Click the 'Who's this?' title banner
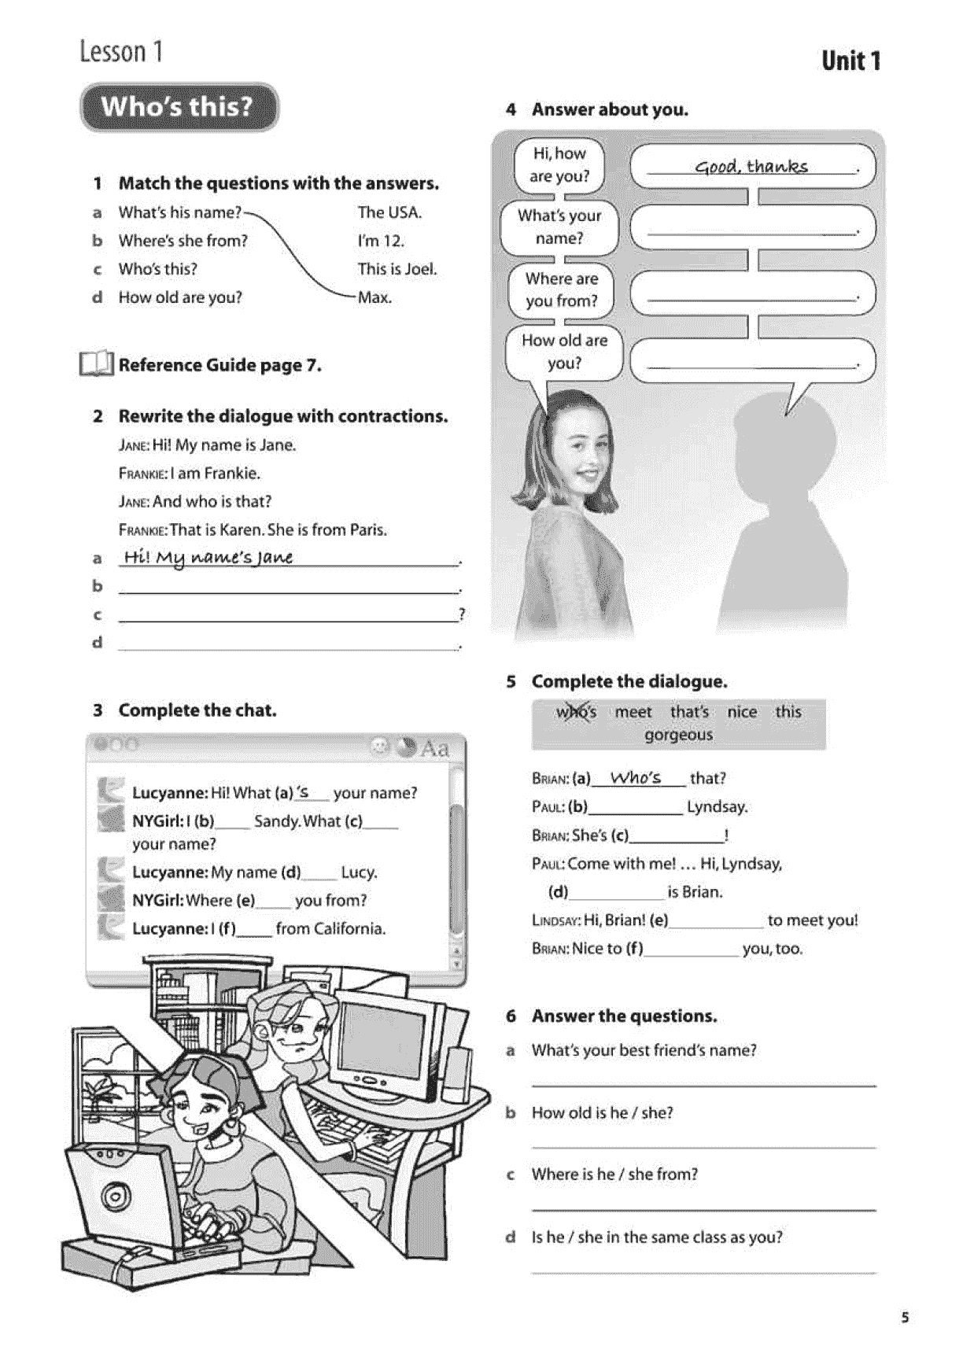[x=179, y=107]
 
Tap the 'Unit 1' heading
[x=850, y=61]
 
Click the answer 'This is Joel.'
[x=397, y=269]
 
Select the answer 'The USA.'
[x=389, y=212]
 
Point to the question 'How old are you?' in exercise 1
[x=180, y=297]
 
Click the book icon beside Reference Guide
[x=96, y=364]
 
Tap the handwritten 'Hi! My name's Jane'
[x=208, y=557]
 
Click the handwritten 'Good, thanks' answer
[x=751, y=166]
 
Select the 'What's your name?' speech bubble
[x=559, y=227]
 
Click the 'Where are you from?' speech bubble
[x=561, y=289]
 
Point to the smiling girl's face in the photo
[x=584, y=446]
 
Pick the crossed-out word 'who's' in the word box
[x=576, y=712]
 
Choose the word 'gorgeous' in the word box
[x=678, y=735]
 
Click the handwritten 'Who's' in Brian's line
[x=636, y=777]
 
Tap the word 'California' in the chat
[x=349, y=929]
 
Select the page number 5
[x=905, y=1317]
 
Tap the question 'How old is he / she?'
[x=602, y=1112]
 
